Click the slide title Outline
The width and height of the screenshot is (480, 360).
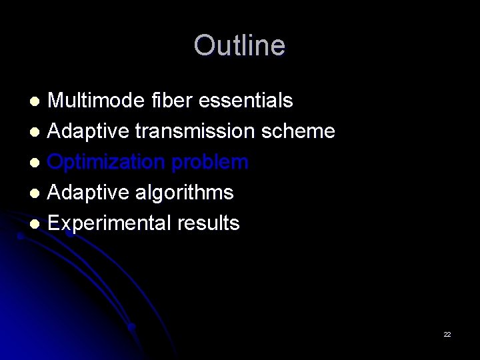click(x=239, y=46)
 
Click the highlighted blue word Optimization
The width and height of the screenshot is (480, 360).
click(x=108, y=162)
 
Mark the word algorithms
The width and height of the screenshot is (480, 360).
click(x=183, y=193)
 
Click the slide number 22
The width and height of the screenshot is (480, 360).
click(x=447, y=334)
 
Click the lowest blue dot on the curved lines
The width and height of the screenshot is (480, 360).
click(x=132, y=327)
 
